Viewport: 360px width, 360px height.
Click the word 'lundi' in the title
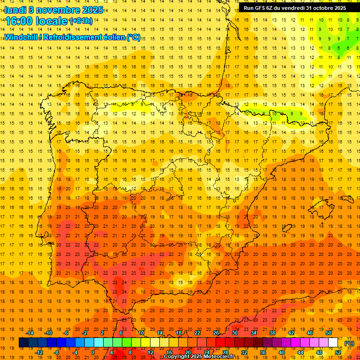[x=15, y=10]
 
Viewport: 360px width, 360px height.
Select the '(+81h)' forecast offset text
[x=81, y=21]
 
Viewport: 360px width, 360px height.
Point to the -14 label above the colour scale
[x=30, y=333]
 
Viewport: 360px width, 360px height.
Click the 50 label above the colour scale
[x=329, y=333]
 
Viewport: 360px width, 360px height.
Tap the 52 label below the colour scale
[x=338, y=352]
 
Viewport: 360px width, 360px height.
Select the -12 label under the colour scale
[x=39, y=352]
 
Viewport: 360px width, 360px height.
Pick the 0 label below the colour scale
[x=93, y=352]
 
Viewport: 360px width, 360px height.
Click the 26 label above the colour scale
[x=216, y=333]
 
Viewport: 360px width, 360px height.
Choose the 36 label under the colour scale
[x=263, y=352]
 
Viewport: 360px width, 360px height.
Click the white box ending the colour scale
[x=333, y=343]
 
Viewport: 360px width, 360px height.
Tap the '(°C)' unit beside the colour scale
[x=349, y=343]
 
